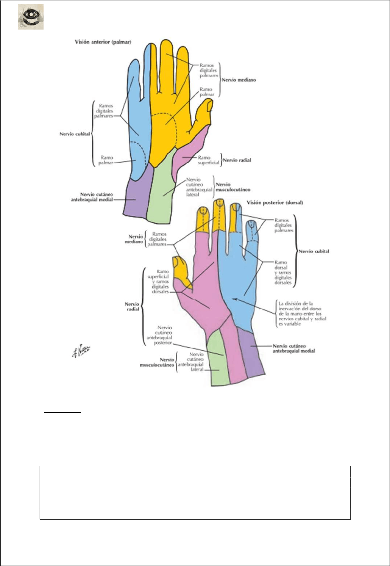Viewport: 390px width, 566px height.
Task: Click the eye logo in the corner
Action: coord(31,17)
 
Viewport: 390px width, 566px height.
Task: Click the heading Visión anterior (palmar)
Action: coord(103,42)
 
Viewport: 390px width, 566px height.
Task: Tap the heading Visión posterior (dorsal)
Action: coord(275,203)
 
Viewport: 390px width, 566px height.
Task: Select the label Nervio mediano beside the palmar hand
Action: coord(239,80)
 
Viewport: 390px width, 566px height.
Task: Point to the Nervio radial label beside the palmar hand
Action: coord(237,160)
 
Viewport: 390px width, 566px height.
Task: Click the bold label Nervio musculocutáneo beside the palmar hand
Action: coord(233,187)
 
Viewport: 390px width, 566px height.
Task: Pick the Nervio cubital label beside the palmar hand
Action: coord(75,134)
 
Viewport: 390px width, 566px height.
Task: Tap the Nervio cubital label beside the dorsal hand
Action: coord(314,251)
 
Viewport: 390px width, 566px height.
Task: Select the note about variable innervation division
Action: coord(302,314)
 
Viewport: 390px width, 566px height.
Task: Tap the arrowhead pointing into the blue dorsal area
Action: coord(235,299)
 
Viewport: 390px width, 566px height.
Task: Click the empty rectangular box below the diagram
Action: coord(195,492)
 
